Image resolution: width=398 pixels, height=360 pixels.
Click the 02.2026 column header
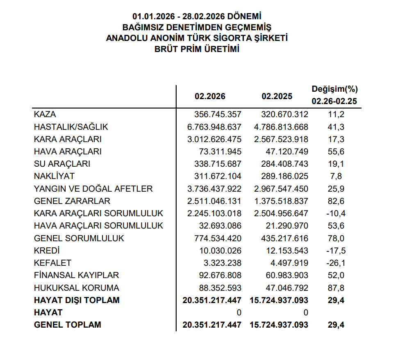pos(210,97)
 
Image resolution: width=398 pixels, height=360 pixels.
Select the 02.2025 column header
pos(277,97)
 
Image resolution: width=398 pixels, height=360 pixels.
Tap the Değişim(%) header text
pos(335,89)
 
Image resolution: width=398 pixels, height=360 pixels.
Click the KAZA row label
pos(45,115)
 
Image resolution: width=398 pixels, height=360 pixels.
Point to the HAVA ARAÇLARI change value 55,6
pos(336,152)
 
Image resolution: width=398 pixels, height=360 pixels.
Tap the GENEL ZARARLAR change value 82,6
pos(336,202)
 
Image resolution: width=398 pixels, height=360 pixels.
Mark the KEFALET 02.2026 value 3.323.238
pos(222,263)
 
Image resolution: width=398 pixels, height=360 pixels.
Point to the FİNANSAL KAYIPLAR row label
pos(77,276)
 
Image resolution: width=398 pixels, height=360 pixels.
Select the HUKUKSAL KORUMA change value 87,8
pos(336,288)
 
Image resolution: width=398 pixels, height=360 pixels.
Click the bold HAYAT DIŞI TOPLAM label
pos(77,300)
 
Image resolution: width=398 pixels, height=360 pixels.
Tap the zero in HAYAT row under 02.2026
pos(239,313)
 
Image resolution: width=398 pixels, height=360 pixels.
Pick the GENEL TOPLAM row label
pos(68,325)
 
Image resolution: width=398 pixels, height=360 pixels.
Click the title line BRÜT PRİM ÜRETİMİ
pos(197,49)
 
